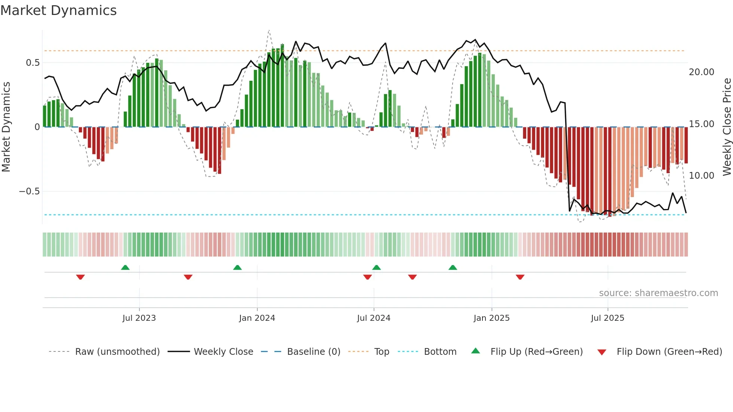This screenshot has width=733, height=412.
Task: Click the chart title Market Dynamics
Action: (59, 10)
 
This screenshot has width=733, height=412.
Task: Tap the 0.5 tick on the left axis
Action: (33, 63)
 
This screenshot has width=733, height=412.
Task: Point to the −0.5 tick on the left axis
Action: (30, 191)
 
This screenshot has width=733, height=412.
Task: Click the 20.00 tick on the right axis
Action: (701, 72)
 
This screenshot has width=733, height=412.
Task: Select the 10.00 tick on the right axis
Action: (701, 176)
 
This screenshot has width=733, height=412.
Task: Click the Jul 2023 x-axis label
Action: (139, 318)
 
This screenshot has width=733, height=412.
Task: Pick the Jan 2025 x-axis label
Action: (491, 318)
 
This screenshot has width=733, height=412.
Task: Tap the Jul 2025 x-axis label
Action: (607, 318)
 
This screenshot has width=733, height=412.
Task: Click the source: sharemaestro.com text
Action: (658, 293)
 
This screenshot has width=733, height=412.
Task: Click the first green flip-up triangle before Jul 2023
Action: (125, 268)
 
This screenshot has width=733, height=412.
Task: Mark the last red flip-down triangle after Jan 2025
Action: (520, 277)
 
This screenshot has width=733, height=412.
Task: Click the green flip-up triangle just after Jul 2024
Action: (377, 268)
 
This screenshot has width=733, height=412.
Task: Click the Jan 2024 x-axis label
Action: (257, 318)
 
